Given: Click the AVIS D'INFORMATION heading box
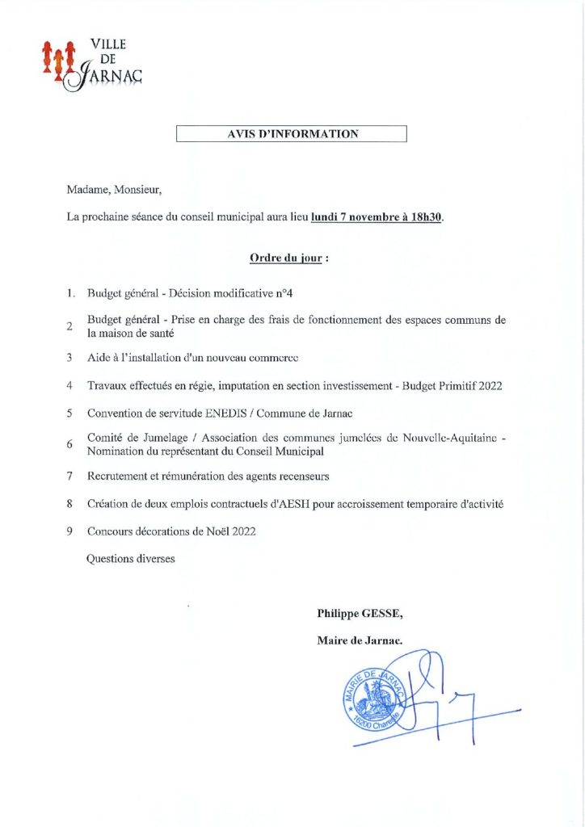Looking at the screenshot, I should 291,134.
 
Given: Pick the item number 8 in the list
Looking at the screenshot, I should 70,504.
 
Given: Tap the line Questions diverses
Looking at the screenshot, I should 130,558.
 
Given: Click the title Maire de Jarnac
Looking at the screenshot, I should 360,641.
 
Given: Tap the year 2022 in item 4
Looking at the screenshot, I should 490,386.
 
